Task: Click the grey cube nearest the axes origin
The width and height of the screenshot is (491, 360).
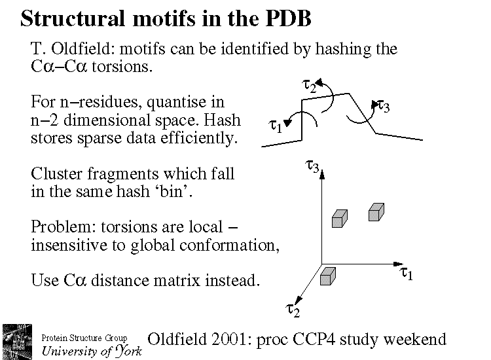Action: (327, 277)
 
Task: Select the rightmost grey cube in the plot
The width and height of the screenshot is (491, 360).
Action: (376, 212)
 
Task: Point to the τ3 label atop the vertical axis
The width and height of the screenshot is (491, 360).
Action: (312, 168)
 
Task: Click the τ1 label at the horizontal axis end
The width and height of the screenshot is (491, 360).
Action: (406, 274)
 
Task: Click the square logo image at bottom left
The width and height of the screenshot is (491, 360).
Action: (19, 340)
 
